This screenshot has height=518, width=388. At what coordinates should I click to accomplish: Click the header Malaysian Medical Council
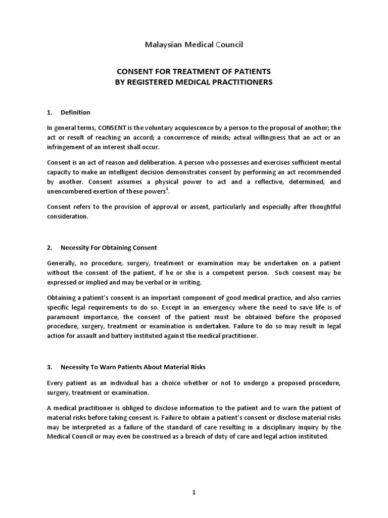194,45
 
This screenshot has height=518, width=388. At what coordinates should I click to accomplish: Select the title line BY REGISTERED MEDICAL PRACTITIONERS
194,82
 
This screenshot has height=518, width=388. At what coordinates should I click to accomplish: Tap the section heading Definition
75,112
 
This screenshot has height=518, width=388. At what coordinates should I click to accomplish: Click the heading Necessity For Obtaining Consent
109,248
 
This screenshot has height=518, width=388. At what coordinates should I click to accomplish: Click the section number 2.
50,248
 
